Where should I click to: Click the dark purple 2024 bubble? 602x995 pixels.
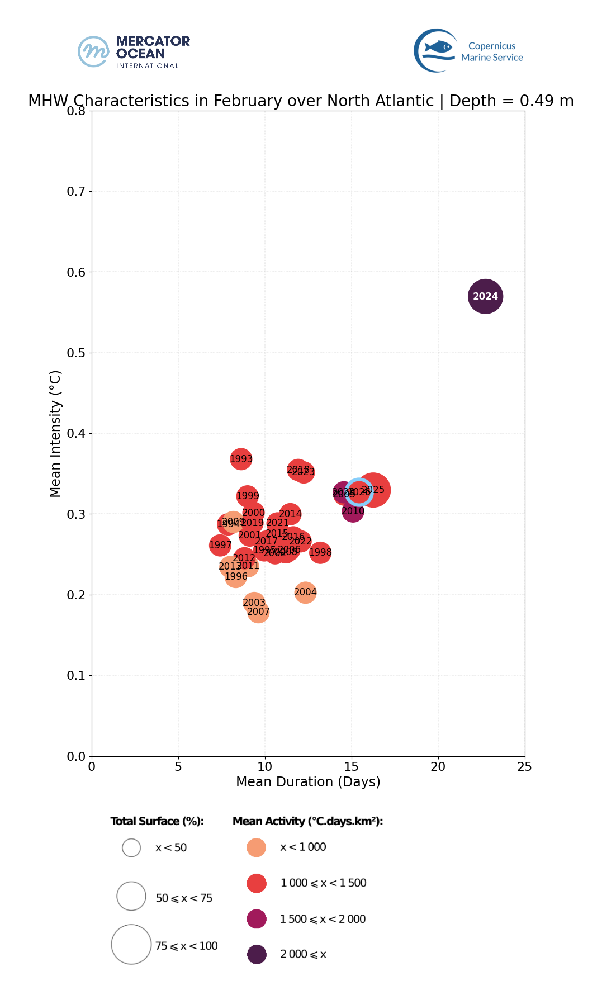pos(485,296)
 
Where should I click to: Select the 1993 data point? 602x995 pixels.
pos(241,459)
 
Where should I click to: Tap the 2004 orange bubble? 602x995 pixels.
pos(305,592)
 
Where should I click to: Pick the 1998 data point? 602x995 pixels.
pos(320,552)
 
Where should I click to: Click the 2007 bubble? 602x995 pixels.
pos(258,612)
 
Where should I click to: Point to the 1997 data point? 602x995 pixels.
pos(220,545)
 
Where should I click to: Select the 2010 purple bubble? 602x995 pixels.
pos(353,511)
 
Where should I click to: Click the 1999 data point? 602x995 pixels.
pos(248,496)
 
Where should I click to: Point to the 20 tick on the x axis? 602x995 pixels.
pos(438,766)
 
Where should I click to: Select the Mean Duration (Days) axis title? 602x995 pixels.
pos(308,781)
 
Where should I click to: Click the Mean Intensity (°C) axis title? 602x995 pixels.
pos(55,434)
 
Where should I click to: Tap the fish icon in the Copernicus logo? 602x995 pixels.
pos(439,48)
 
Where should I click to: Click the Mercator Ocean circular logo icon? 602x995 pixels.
pos(93,51)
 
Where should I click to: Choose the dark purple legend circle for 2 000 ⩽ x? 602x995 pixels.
pos(257,954)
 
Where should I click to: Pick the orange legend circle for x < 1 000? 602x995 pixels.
pos(257,847)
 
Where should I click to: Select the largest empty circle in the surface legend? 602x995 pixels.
pos(131,944)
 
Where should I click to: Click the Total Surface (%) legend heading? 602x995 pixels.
pos(157,821)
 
